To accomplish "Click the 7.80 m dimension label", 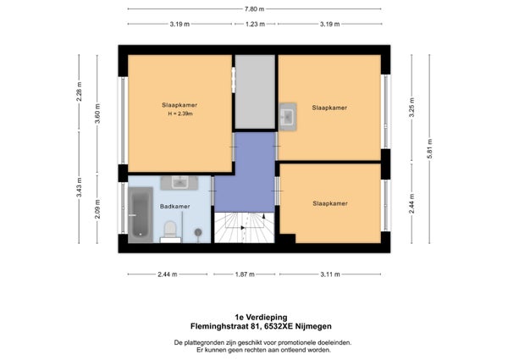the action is (x=254, y=9).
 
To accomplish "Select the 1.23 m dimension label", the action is (x=255, y=24).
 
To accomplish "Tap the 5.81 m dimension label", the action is (x=430, y=149).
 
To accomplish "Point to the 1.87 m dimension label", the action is (x=245, y=274).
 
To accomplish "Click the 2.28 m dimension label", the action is (x=79, y=91).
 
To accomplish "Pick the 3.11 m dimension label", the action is (x=330, y=274).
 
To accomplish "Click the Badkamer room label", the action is (x=175, y=207).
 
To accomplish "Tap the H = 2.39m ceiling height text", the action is (x=180, y=114).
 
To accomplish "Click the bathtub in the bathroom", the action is (x=141, y=215).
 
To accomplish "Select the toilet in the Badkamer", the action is (x=170, y=230).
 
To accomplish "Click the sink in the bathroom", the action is (x=179, y=183).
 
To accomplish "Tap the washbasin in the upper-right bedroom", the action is (x=288, y=117).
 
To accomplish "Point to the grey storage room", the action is (x=255, y=91).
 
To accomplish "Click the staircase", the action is (x=245, y=228).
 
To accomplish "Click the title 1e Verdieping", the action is (x=261, y=317).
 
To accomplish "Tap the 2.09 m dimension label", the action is (x=97, y=209).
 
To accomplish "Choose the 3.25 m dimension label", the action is (x=412, y=108).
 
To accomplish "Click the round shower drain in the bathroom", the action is (x=198, y=232).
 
